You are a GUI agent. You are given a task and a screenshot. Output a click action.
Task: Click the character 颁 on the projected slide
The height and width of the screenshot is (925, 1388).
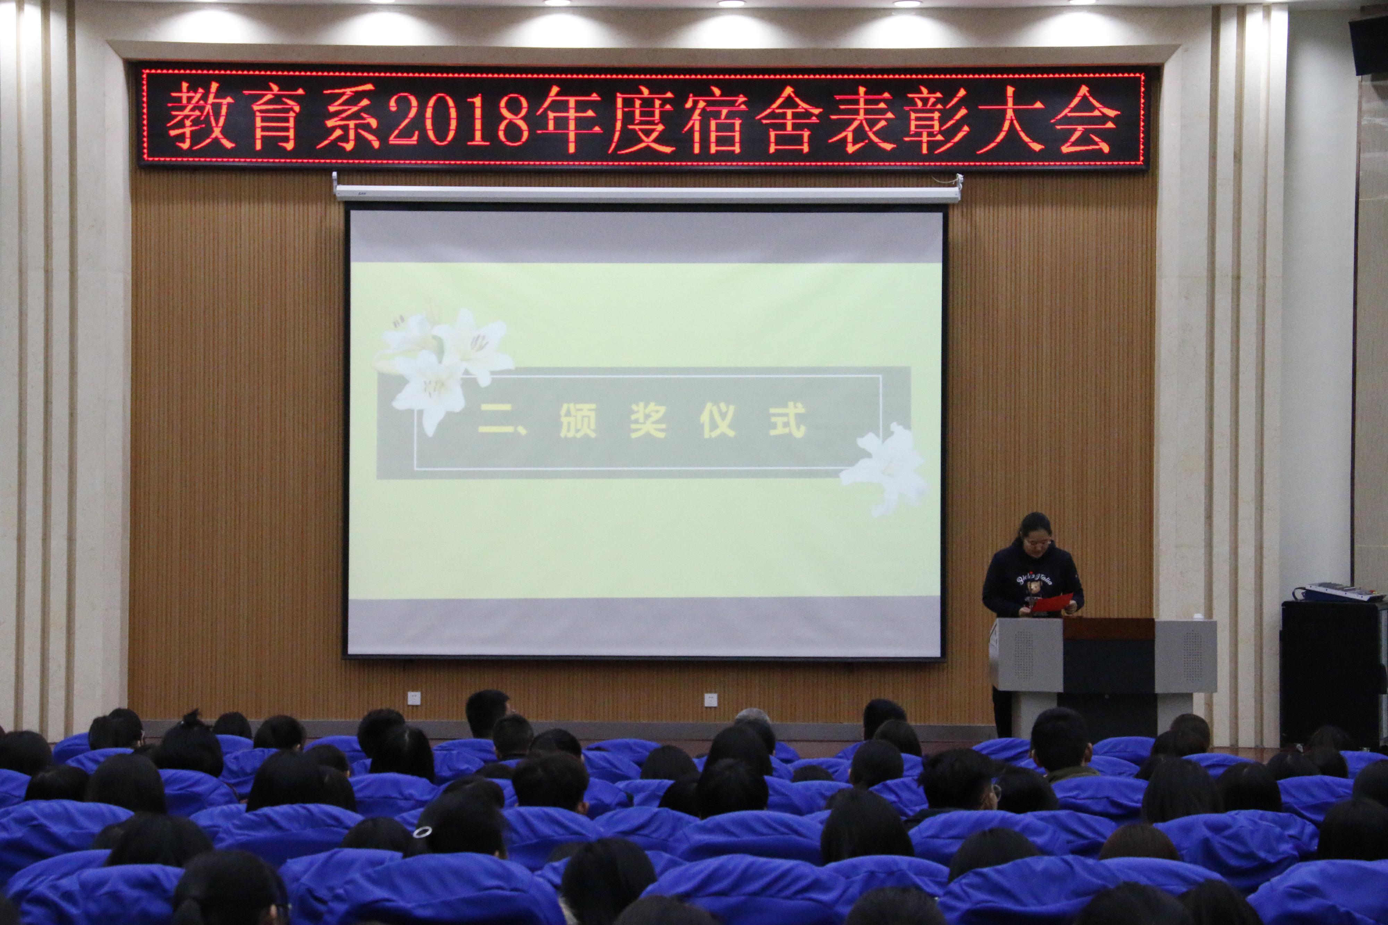pos(577,420)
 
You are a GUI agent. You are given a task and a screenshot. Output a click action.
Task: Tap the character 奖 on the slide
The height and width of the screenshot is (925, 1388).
pos(648,420)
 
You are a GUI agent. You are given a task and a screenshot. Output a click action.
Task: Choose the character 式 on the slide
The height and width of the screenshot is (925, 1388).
pos(787,420)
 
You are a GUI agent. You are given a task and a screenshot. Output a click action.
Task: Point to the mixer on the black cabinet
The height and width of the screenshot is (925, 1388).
pos(1339,592)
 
